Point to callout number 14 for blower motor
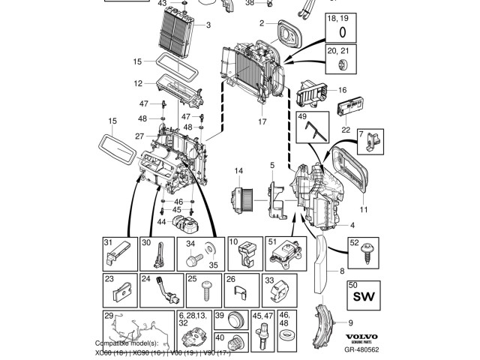238,172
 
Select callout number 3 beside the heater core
208,25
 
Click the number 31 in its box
108,241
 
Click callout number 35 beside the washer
212,265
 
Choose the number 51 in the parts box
272,241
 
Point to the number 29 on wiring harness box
109,316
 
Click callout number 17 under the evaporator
262,121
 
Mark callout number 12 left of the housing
139,82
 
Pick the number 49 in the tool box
302,118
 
